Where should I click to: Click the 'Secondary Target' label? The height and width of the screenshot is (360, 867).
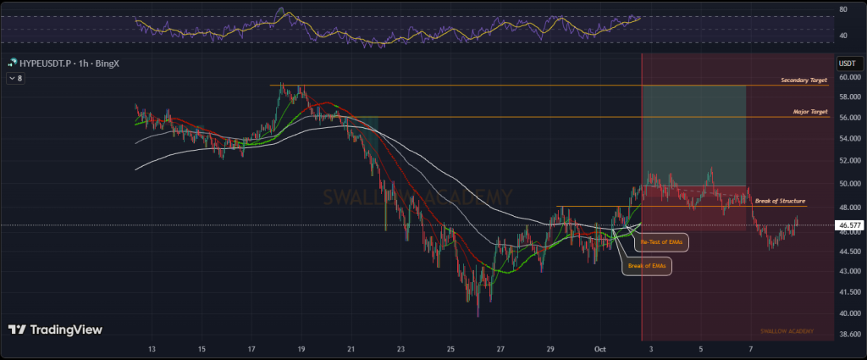tap(804, 80)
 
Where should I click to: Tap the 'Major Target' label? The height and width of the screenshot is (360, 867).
tap(810, 112)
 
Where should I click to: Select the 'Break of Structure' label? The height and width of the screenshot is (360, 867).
tap(780, 201)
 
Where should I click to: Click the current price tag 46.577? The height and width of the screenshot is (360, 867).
tap(848, 225)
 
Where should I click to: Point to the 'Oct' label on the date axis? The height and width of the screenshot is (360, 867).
tap(600, 349)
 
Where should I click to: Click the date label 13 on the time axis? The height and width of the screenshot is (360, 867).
tap(152, 349)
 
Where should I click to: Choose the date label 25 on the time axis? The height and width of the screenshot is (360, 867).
tap(451, 349)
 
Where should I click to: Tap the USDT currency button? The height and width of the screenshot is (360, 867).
tap(847, 64)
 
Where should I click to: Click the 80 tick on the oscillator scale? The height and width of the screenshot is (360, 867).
tap(842, 10)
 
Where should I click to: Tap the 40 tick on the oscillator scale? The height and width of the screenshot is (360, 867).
tap(842, 36)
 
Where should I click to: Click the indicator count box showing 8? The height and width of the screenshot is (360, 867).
tap(16, 78)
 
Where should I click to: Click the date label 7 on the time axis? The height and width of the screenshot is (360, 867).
tap(750, 349)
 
